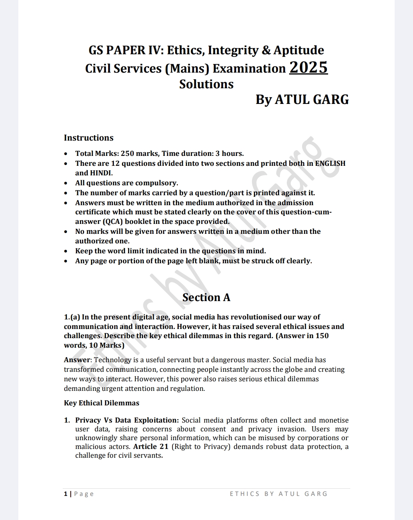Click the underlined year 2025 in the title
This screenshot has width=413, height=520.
308,68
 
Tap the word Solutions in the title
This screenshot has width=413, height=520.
206,84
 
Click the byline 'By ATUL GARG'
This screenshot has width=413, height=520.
302,100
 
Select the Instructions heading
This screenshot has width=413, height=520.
89,138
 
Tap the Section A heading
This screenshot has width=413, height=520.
206,297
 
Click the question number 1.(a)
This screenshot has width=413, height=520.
72,317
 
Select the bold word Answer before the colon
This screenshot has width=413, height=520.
77,360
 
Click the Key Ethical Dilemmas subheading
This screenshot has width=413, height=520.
101,403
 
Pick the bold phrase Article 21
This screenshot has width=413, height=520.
151,447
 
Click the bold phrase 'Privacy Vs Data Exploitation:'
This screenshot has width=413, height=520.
127,420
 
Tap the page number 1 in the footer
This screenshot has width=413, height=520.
66,494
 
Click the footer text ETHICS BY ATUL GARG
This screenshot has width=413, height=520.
278,494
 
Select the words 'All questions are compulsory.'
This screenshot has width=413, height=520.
127,183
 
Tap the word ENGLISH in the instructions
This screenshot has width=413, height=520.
330,164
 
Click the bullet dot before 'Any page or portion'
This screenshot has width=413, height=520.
67,261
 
